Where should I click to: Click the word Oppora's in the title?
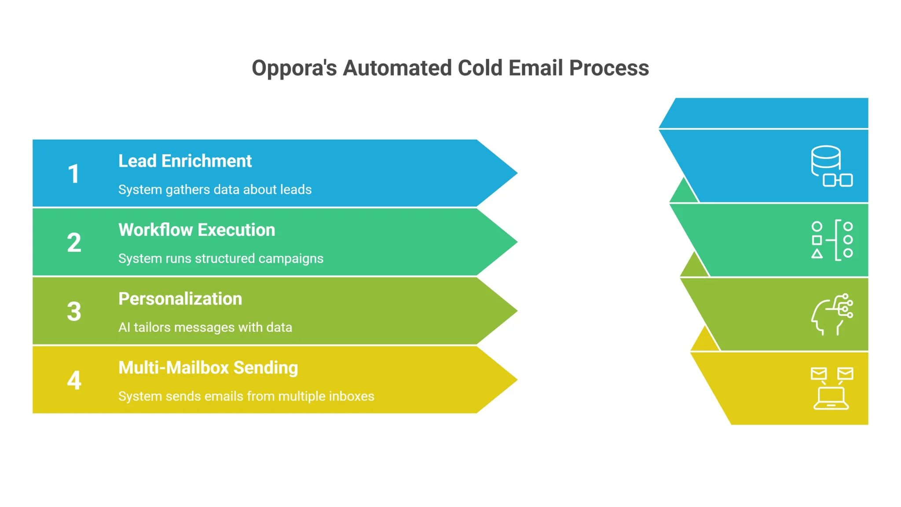(x=294, y=69)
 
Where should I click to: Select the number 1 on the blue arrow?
(x=73, y=174)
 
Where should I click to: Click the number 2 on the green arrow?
(x=74, y=242)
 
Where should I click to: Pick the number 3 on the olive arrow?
(x=74, y=312)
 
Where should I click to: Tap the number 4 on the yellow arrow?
(x=74, y=380)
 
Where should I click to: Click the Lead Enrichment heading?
(x=185, y=161)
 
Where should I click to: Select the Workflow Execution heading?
(x=197, y=230)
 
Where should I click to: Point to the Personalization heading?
(x=180, y=299)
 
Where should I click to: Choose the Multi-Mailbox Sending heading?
(x=208, y=368)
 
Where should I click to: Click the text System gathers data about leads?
(x=215, y=190)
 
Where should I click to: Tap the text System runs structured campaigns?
(x=220, y=258)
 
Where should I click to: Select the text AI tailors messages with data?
(x=205, y=327)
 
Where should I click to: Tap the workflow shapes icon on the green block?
(x=831, y=240)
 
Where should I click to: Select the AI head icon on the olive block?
(x=831, y=314)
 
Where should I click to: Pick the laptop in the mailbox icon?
(x=831, y=399)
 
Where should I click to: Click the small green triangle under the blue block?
(x=683, y=193)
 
